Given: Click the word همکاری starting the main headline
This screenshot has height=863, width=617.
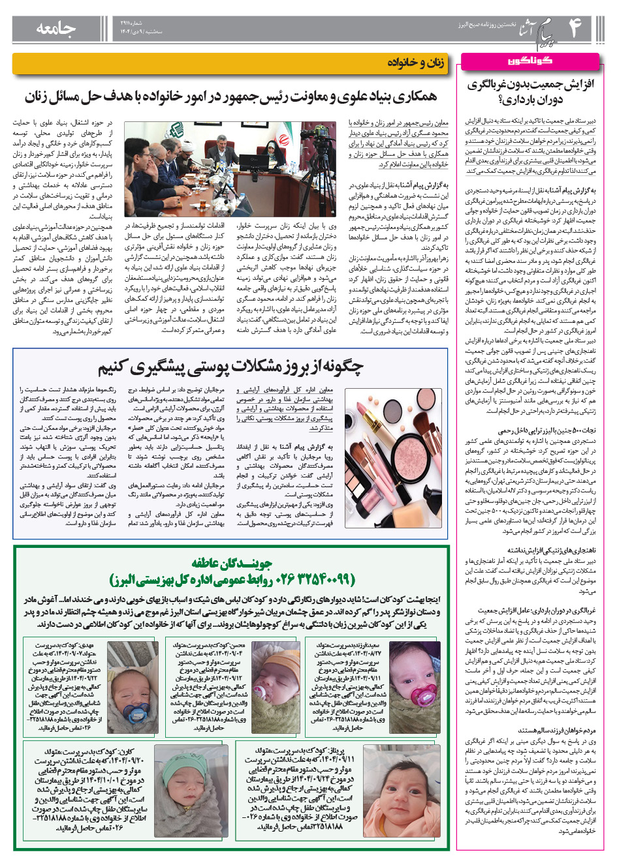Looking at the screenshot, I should [x=410, y=97].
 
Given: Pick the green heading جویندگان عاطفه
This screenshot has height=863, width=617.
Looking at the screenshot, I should [x=232, y=563].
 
